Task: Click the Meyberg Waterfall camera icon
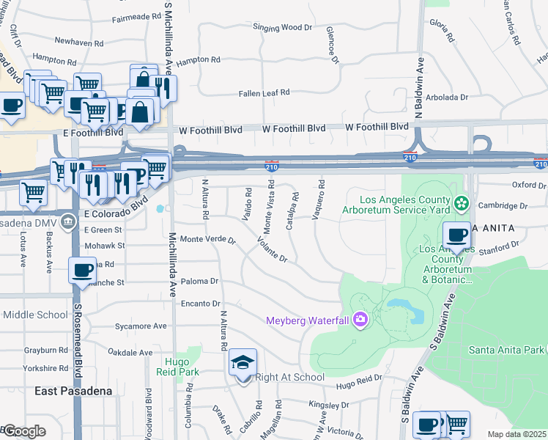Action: [x=360, y=318]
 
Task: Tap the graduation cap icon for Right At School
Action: [x=242, y=362]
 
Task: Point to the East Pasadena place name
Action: [x=73, y=391]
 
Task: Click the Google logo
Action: [x=24, y=431]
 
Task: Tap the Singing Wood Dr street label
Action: [x=282, y=28]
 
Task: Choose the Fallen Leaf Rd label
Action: [x=264, y=93]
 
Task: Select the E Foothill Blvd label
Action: [x=93, y=133]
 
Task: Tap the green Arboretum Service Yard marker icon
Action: [x=461, y=202]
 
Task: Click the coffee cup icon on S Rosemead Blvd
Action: [x=82, y=269]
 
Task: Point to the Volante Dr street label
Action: [x=271, y=249]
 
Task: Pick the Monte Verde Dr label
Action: [x=208, y=240]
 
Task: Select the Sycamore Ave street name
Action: [x=141, y=326]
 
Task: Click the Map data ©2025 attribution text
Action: [x=516, y=434]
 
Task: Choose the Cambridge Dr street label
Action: [x=503, y=206]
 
